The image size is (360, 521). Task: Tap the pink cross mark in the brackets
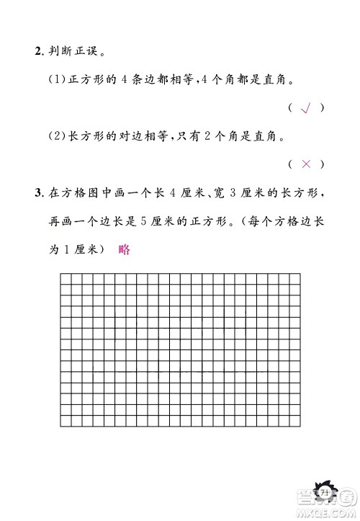(305, 164)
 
